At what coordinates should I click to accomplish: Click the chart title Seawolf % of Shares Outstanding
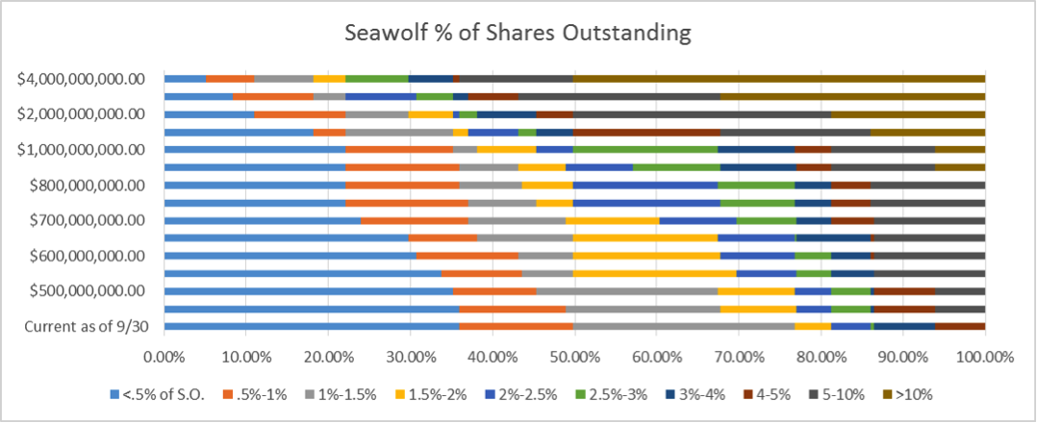pos(518,33)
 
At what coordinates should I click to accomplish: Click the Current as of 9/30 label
pos(99,326)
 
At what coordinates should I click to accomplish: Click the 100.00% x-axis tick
pos(982,356)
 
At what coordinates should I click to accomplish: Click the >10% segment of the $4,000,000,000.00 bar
pos(779,78)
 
